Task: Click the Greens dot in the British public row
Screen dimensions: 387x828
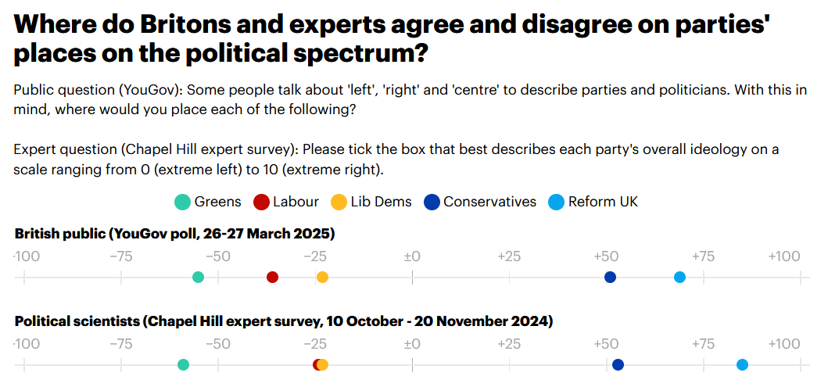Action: [x=198, y=277]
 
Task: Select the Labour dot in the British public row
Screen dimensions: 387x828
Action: [x=272, y=277]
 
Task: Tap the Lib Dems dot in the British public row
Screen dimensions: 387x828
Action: [x=322, y=277]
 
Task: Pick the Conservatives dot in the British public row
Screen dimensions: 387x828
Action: [x=610, y=277]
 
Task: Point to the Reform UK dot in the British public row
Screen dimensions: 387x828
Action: [x=679, y=277]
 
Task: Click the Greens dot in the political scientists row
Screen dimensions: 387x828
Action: [x=183, y=364]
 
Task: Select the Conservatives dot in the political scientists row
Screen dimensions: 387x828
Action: [x=618, y=364]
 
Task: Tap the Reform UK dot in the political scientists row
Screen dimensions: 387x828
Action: [x=742, y=364]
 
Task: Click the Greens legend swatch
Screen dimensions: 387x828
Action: [x=181, y=202]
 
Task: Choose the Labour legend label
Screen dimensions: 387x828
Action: [x=296, y=202]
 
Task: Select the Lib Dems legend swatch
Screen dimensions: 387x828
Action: [x=339, y=202]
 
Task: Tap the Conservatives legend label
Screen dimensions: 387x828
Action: [x=489, y=202]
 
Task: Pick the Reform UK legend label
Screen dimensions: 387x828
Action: [x=603, y=202]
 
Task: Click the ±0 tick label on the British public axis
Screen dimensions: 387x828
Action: [x=411, y=256]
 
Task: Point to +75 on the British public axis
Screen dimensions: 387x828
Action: [x=704, y=256]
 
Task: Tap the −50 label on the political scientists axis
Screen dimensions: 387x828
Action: [x=217, y=344]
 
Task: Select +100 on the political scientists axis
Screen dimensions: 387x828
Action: [x=783, y=344]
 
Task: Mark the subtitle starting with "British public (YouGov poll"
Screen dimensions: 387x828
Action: [x=174, y=233]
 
